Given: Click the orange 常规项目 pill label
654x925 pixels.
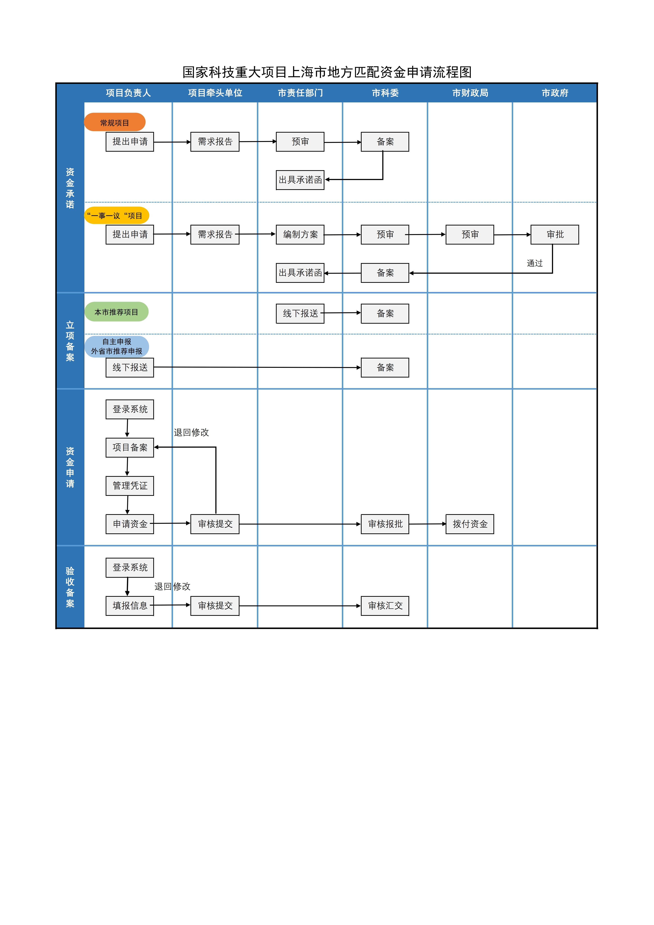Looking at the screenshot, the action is pos(115,122).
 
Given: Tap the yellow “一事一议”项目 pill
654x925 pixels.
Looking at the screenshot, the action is pos(116,216).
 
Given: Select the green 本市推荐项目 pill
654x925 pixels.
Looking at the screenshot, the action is pos(116,312).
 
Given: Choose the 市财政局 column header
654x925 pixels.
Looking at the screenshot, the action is pos(470,93).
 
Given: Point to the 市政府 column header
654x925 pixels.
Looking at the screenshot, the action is pos(555,93).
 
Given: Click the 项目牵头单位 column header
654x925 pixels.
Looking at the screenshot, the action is pos(215,93).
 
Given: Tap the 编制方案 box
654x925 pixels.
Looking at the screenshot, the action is pos(300,234).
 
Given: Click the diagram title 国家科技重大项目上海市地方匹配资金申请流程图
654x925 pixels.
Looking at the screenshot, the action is pos(327,72).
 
